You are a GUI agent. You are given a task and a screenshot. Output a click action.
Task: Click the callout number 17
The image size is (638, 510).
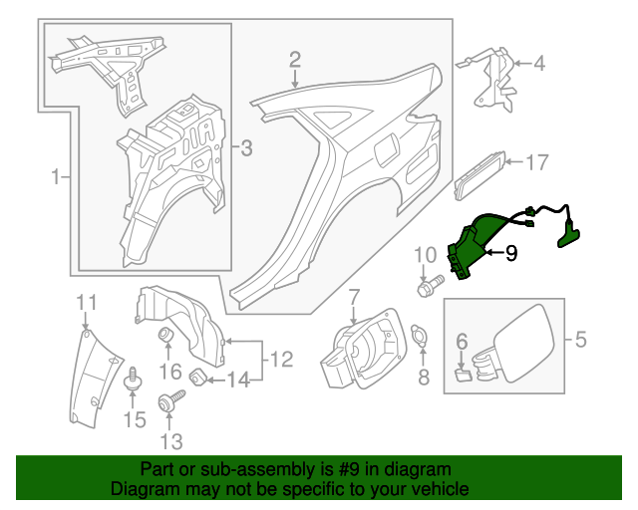[x=537, y=161]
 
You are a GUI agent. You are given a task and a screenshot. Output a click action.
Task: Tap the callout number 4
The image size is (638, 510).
[x=539, y=65]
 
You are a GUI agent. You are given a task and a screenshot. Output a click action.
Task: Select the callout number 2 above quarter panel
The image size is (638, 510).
[x=295, y=60]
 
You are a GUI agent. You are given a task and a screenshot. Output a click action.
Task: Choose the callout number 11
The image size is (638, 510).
[x=87, y=302]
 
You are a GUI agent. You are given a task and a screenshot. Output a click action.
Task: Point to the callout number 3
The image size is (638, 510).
[x=246, y=149]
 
